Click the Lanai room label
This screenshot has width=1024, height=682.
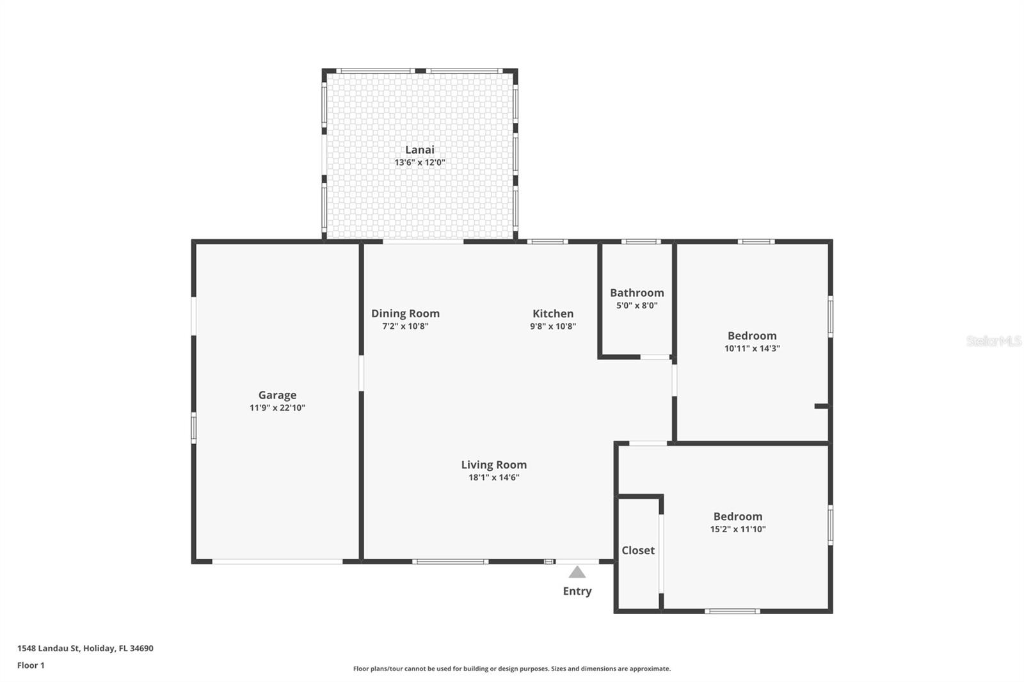[x=419, y=150]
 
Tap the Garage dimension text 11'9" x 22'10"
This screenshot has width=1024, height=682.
[x=277, y=408]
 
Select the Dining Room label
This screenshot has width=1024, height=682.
[x=405, y=313]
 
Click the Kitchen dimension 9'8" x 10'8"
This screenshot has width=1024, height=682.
[x=553, y=326]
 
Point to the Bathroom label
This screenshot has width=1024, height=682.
[x=637, y=292]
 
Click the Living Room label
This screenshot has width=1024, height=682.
[x=493, y=464]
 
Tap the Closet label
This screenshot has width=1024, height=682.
[x=638, y=550]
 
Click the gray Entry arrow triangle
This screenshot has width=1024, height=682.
[x=577, y=572]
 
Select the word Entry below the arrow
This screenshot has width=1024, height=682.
[x=577, y=591]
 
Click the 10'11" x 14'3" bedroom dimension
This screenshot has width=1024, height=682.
[x=752, y=349]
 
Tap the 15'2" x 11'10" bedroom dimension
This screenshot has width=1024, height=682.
[x=738, y=529]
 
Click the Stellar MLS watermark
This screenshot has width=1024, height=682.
[x=993, y=341]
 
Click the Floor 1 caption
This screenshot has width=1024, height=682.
[x=31, y=665]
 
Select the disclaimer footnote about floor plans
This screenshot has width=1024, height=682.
[x=512, y=669]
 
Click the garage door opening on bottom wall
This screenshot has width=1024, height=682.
[x=277, y=562]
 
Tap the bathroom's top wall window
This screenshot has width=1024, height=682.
[x=641, y=242]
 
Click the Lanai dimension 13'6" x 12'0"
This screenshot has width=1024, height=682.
[x=419, y=163]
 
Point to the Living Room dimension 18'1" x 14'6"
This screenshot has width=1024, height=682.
[x=493, y=477]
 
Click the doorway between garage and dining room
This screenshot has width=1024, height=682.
[x=361, y=373]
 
